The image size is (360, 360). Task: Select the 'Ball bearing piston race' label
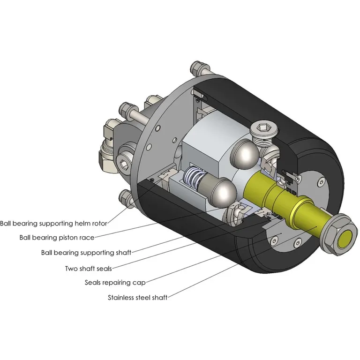tap(57, 237)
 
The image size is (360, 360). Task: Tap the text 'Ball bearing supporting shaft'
tap(86, 252)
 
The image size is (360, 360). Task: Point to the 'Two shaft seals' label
tap(88, 268)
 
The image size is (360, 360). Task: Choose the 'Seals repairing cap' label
tap(115, 282)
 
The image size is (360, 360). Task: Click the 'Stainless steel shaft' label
tap(137, 297)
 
